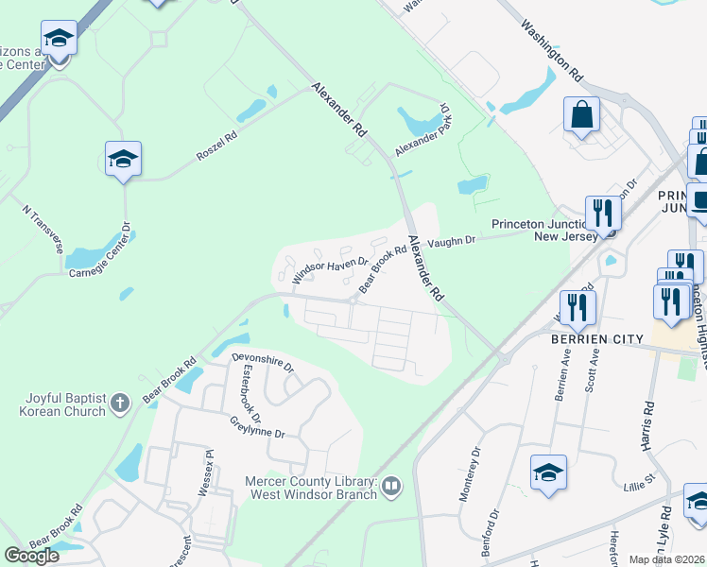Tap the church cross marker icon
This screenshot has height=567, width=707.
pos(119,404)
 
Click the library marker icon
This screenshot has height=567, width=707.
pos(391,487)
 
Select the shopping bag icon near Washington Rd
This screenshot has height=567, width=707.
pos(581,116)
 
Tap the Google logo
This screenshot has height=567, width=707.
pos(31,555)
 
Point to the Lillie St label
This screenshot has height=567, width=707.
pos(637,490)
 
